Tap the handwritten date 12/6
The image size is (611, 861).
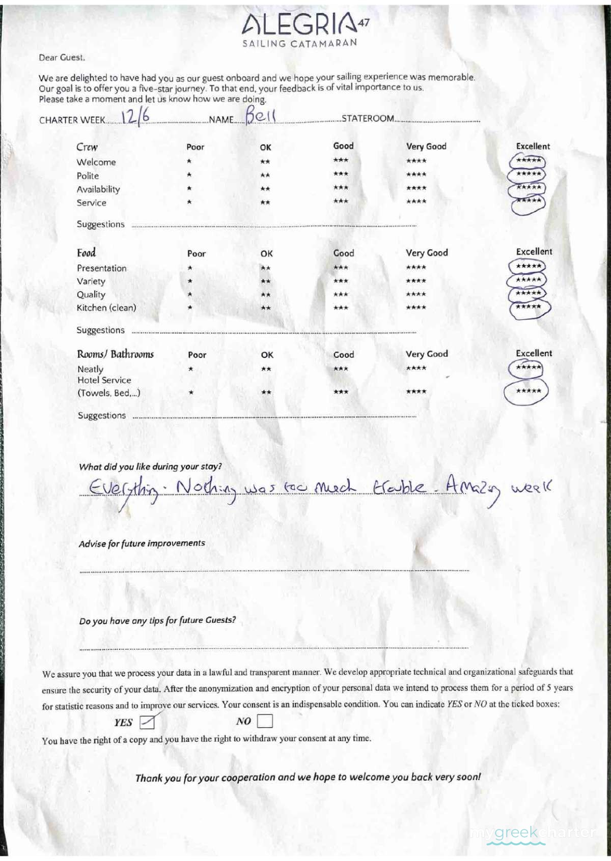136,117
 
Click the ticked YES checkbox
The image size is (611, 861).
147,722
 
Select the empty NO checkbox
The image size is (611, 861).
265,721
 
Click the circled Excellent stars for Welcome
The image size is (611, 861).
527,161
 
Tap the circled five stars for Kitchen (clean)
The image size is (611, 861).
529,308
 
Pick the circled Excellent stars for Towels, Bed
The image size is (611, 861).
527,391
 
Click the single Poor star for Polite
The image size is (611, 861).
189,175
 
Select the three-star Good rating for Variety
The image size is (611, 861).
341,281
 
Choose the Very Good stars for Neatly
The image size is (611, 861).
416,368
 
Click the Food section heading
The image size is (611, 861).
86,253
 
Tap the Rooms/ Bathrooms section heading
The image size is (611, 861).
115,354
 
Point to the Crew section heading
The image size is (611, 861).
87,147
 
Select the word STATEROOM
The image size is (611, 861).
368,119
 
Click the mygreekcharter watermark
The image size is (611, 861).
532,834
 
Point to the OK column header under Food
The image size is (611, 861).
266,253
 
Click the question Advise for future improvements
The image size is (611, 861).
142,543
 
